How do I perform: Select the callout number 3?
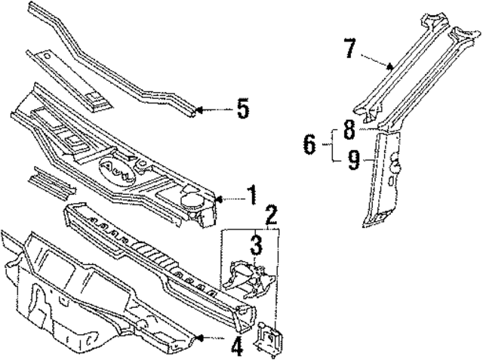click(x=257, y=245)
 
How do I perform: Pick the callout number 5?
click(x=242, y=109)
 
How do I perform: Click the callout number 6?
click(x=309, y=143)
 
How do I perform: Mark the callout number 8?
click(x=349, y=131)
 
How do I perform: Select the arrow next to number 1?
click(x=228, y=199)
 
